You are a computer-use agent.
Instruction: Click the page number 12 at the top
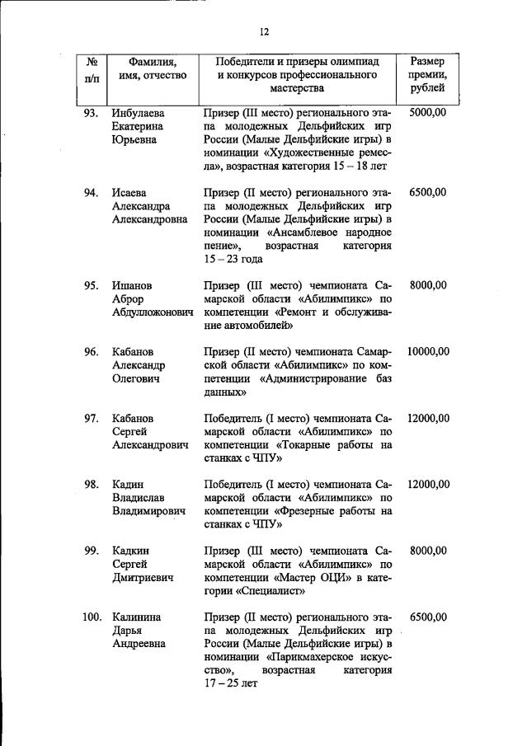coord(264,32)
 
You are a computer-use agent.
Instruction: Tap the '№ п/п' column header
coord(92,68)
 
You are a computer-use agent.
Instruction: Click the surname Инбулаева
coord(138,113)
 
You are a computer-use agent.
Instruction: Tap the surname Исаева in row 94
coord(131,192)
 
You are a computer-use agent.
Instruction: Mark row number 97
coord(92,419)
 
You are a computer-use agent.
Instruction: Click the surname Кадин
coord(129,485)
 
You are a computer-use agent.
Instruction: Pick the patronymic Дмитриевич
coord(143,578)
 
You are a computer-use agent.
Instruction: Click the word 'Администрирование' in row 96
coord(318,379)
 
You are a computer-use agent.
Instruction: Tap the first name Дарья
coord(128,631)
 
